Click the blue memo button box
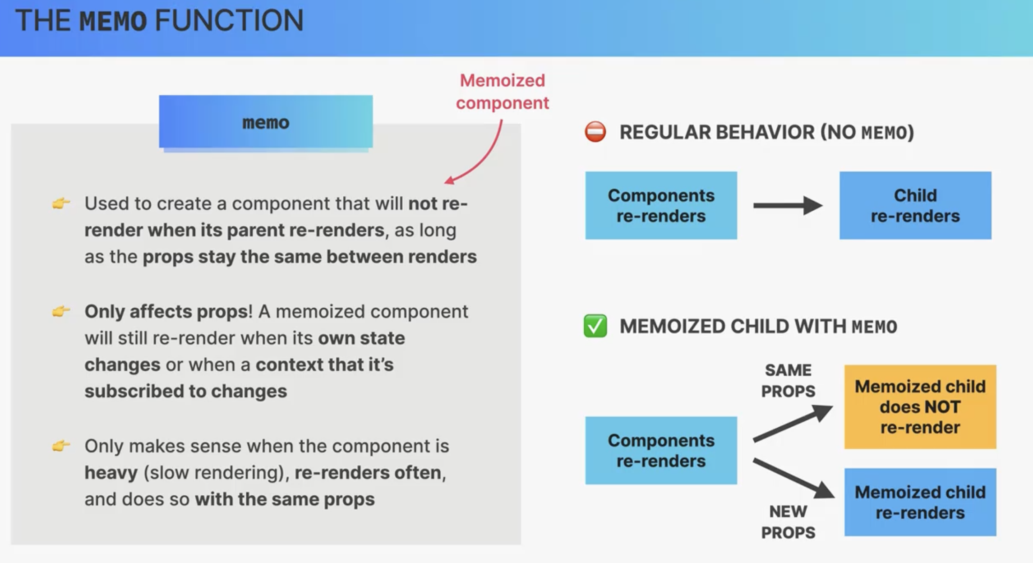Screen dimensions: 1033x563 (266, 122)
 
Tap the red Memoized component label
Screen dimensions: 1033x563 (502, 92)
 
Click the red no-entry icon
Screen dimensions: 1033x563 (595, 132)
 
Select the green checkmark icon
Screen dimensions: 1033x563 (595, 326)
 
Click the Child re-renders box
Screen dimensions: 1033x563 (915, 205)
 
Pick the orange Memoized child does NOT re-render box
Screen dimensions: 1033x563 (920, 406)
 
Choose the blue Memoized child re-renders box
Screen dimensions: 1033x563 (920, 502)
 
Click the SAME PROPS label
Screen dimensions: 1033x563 (788, 380)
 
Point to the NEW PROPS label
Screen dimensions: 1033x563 (788, 522)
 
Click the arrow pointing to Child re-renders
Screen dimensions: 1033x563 (788, 205)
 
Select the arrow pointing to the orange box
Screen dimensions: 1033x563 (793, 423)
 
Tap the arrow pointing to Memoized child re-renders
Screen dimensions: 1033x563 (793, 478)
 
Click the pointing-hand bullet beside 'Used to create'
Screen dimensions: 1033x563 (61, 203)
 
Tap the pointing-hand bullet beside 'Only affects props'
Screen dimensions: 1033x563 (61, 311)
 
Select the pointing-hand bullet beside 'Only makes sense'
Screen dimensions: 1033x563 (61, 446)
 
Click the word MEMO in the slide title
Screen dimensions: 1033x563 (113, 21)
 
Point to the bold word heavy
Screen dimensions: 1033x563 (111, 473)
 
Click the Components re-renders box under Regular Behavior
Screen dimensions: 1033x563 (661, 205)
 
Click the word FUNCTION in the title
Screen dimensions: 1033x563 (229, 21)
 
